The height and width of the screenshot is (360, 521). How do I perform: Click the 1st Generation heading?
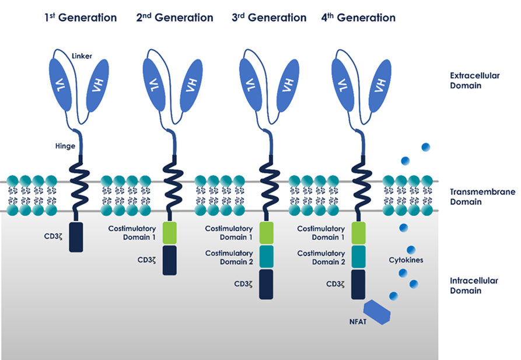[81, 18]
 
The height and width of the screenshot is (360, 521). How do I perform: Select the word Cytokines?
[406, 260]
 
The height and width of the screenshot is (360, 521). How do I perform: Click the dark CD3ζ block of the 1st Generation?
[76, 237]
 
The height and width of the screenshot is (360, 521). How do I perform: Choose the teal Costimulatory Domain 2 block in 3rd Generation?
[266, 257]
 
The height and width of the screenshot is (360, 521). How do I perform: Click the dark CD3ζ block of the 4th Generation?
[358, 284]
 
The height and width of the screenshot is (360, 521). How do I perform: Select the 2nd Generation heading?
[174, 18]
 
